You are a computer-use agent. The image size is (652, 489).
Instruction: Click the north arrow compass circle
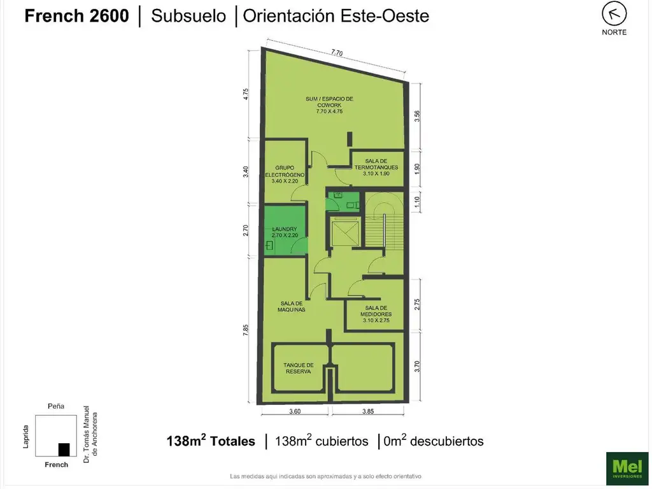[x=614, y=13]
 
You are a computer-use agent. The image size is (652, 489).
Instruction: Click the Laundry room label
[x=285, y=232]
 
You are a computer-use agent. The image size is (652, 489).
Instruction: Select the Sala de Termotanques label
[x=376, y=164]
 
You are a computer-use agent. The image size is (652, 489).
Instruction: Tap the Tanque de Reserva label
[x=299, y=368]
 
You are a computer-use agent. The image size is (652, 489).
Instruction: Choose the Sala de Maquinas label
[x=292, y=306]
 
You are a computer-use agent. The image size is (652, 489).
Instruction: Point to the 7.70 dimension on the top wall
[x=336, y=53]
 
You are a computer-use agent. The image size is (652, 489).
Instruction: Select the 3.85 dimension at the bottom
[x=367, y=411]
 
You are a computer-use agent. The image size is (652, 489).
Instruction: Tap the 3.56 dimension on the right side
[x=417, y=116]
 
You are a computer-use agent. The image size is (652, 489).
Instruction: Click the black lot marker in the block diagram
[x=64, y=450]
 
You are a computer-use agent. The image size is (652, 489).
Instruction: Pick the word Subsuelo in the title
[x=188, y=16]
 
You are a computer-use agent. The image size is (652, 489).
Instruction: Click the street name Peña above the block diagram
[x=56, y=406]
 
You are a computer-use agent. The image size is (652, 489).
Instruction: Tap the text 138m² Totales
[x=211, y=441]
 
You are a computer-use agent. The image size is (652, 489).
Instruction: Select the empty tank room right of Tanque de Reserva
[x=364, y=369]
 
